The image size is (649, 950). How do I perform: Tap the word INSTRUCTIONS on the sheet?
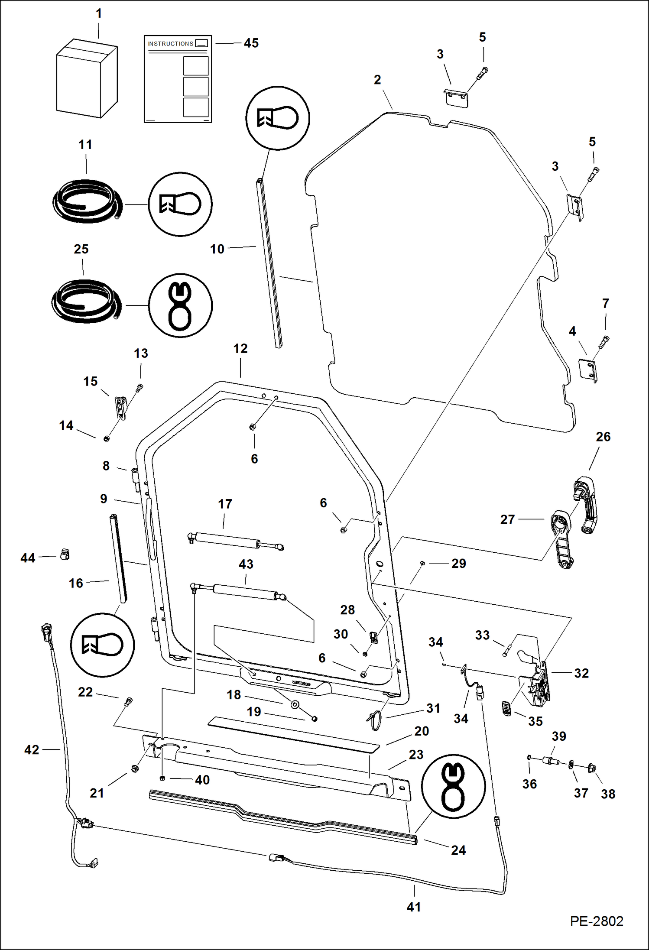click(170, 44)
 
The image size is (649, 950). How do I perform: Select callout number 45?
click(251, 43)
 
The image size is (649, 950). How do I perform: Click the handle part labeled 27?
click(562, 539)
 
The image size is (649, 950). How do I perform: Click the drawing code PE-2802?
click(596, 921)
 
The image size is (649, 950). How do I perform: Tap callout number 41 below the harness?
click(414, 907)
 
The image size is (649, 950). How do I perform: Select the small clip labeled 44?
click(65, 554)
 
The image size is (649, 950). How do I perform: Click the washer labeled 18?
click(295, 705)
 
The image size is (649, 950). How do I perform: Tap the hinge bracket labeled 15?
click(120, 408)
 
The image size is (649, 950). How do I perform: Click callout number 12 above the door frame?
click(240, 349)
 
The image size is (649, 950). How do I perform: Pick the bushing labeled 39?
click(551, 760)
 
